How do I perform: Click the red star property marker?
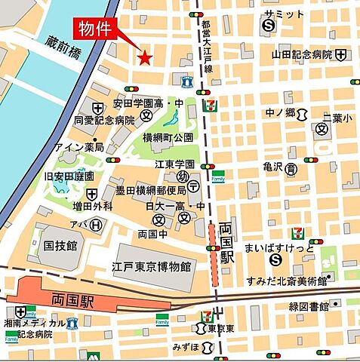pyautogui.click(x=144, y=57)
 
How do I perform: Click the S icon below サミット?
pyautogui.click(x=267, y=26)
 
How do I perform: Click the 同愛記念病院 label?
pyautogui.click(x=104, y=120)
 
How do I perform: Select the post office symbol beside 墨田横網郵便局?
pyautogui.click(x=194, y=187)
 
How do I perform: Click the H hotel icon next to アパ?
pyautogui.click(x=95, y=224)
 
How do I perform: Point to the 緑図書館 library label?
pyautogui.click(x=309, y=307)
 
